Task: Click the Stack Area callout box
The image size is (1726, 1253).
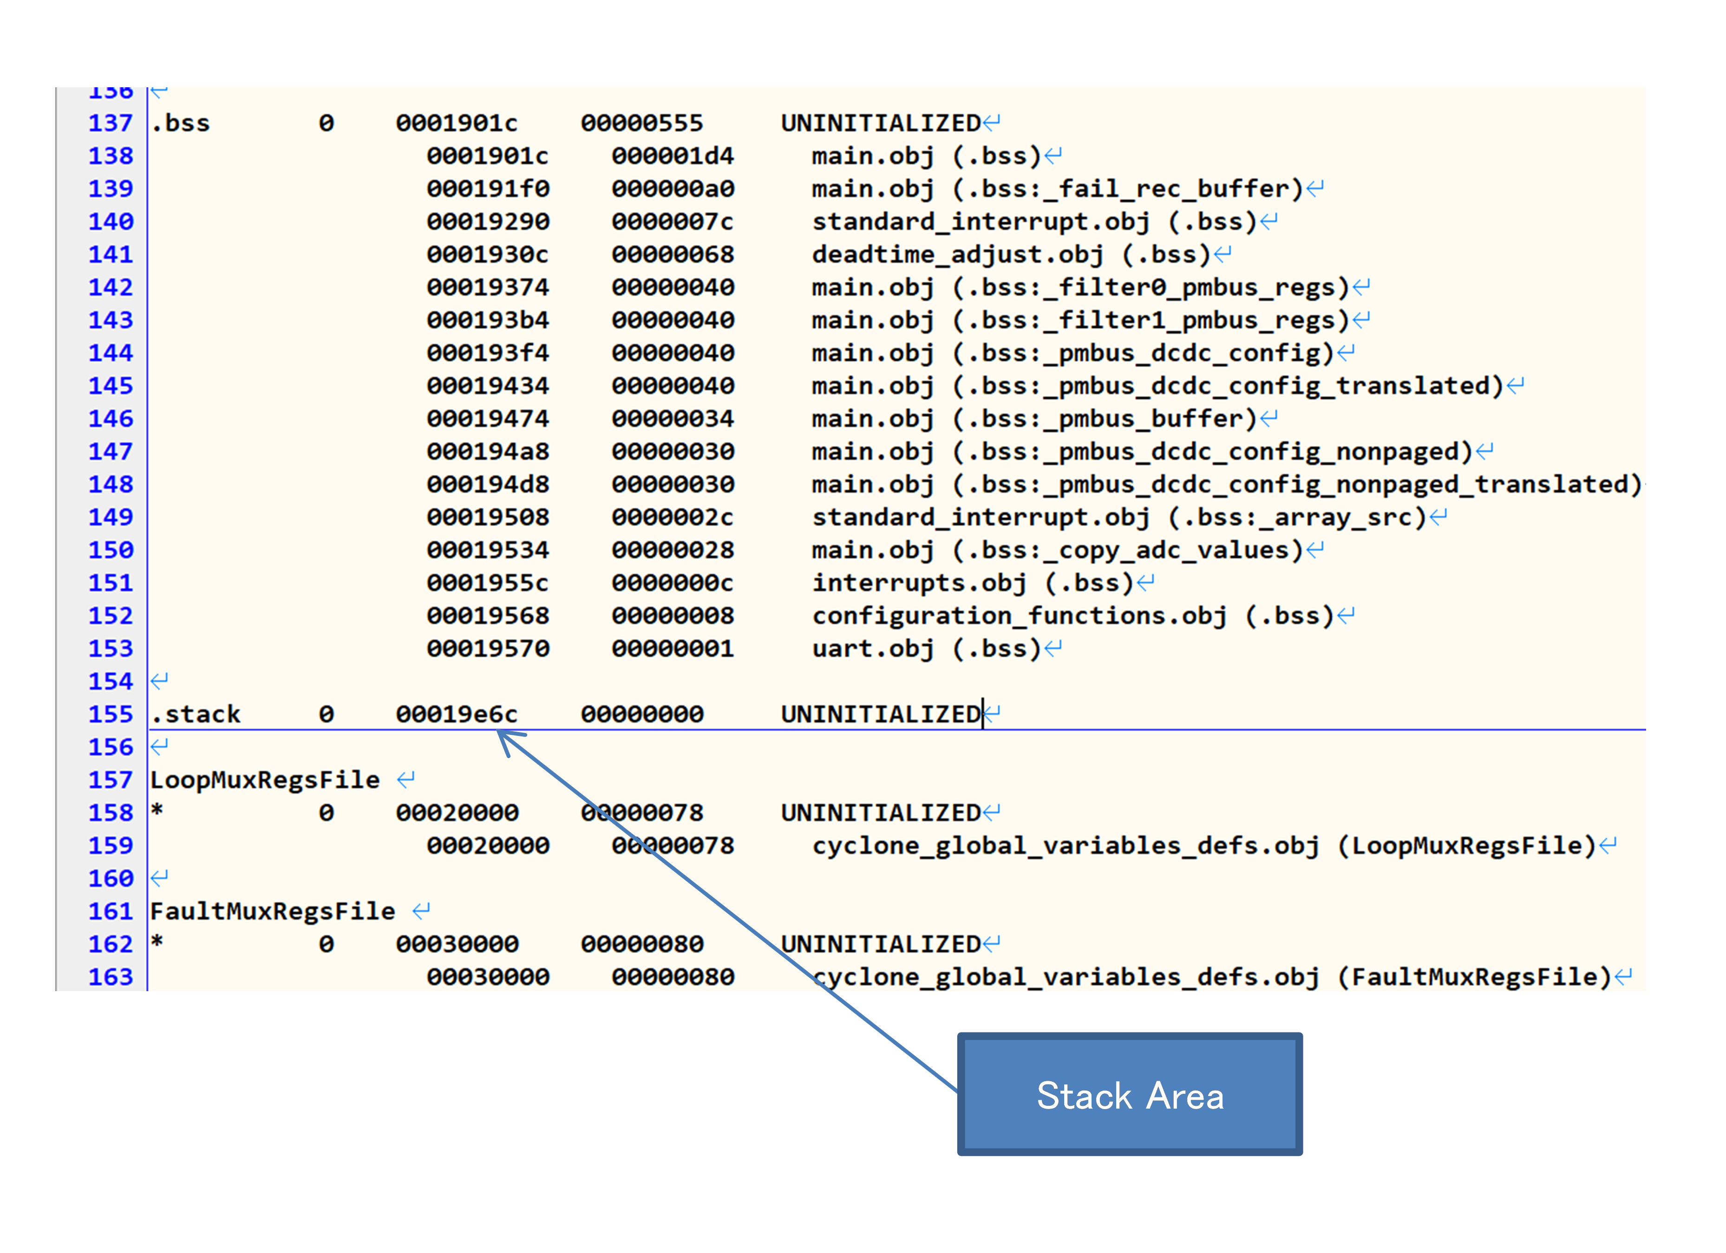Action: [x=1129, y=1094]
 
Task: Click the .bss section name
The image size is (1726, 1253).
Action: [x=180, y=123]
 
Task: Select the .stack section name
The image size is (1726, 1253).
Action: [x=196, y=714]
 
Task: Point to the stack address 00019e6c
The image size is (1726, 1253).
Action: [x=457, y=714]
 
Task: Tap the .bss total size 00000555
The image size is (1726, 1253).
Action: [x=641, y=123]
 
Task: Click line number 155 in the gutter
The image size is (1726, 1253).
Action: [x=111, y=714]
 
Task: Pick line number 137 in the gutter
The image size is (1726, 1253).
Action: [x=111, y=123]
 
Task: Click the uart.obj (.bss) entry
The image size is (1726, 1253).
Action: [x=925, y=649]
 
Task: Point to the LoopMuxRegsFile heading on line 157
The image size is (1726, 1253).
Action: [x=265, y=780]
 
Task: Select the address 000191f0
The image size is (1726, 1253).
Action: [x=488, y=188]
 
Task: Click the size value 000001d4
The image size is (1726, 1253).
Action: [x=673, y=156]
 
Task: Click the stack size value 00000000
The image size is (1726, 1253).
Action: [x=641, y=714]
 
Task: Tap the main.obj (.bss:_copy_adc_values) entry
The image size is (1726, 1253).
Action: [x=1057, y=551]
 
